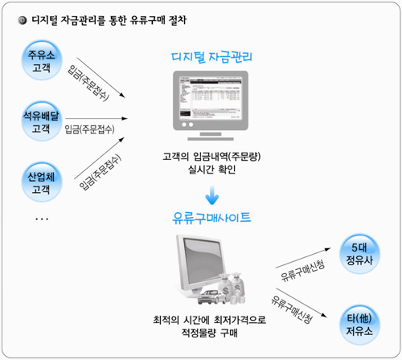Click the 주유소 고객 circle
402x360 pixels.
coord(42,60)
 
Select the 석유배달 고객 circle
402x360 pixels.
coord(42,121)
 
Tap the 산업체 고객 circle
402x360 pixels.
coord(42,182)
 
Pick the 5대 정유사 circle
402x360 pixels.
coord(359,254)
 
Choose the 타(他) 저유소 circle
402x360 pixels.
coord(359,325)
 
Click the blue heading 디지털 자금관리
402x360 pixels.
coord(211,57)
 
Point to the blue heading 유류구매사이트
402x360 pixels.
coord(211,218)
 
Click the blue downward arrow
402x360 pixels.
coord(212,195)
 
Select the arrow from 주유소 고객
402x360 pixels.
coord(101,78)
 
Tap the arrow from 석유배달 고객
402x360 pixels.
coord(96,118)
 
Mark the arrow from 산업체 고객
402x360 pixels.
coord(100,157)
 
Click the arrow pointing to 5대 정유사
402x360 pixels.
coord(303,258)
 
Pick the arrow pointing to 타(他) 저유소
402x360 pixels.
coord(301,303)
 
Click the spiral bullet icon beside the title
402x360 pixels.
coord(23,20)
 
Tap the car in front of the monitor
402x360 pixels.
coord(211,297)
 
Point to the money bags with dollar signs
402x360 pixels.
coord(232,288)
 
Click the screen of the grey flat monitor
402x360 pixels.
coord(211,98)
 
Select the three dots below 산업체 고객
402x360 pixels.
coord(42,219)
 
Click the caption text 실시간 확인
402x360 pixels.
coord(211,170)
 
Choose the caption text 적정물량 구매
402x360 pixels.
coord(210,333)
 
